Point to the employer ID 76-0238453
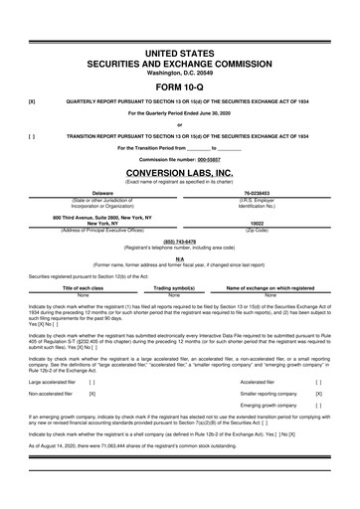pos(258,193)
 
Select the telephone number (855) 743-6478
pos(179,240)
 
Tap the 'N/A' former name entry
pos(179,256)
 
